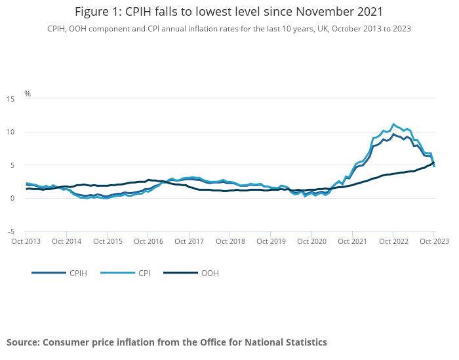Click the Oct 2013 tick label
(x=26, y=241)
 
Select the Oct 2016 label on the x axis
(x=148, y=241)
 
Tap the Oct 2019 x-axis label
(x=271, y=241)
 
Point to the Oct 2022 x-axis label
(x=393, y=241)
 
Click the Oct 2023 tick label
(x=433, y=241)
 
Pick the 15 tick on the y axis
(x=10, y=99)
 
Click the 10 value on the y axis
(x=10, y=132)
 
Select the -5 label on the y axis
(x=11, y=231)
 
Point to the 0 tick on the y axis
(x=12, y=198)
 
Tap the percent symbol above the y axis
(x=28, y=94)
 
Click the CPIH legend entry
(x=77, y=273)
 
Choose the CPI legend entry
(x=144, y=273)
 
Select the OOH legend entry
(x=210, y=273)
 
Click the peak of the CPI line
(x=393, y=124)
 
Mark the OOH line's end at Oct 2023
(x=433, y=163)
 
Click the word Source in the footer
(x=23, y=342)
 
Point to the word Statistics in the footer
(x=302, y=342)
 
